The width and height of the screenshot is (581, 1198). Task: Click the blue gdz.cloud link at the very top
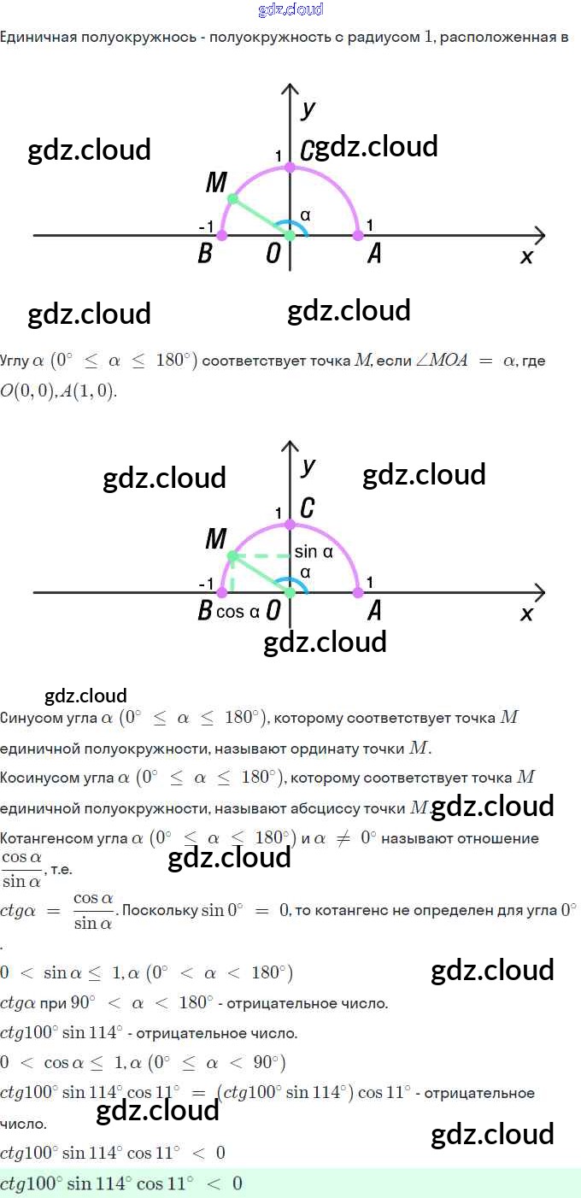pos(290,10)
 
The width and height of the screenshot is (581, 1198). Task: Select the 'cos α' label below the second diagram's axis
pos(238,612)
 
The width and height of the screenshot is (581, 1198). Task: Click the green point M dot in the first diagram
pos(232,198)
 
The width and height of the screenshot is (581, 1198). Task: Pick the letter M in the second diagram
pos(216,539)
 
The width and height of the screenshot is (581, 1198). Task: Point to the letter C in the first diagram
pos(306,151)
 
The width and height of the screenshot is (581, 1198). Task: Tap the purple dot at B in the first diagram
pos(222,234)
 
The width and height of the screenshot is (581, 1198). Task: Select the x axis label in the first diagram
pos(526,255)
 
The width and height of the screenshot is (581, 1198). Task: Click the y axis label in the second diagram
pos(308,466)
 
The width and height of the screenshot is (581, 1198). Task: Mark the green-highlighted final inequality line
pos(120,1183)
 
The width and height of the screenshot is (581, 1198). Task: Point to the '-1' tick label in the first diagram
pos(206,226)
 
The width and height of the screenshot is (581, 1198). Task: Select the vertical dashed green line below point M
pos(232,574)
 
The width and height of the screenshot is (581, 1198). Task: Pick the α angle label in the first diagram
pos(305,215)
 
